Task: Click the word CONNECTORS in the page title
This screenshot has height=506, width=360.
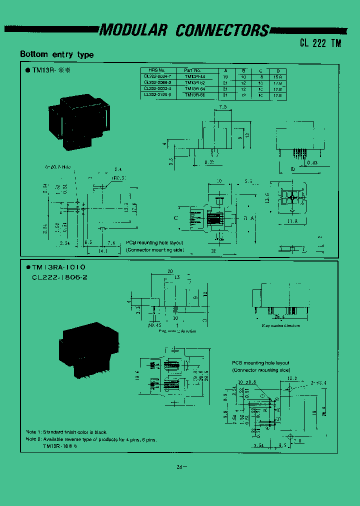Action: click(222, 31)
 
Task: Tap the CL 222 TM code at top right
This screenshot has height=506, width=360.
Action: click(320, 43)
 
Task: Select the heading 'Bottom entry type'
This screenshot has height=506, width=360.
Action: click(56, 54)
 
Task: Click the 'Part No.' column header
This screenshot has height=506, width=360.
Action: click(192, 71)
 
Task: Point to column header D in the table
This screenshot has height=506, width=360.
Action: click(277, 71)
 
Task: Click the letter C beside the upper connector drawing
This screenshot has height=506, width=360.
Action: click(175, 217)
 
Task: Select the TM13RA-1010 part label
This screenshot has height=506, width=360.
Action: click(58, 268)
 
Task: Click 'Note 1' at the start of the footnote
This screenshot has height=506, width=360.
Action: click(32, 432)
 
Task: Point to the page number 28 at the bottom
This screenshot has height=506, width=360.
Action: click(180, 467)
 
